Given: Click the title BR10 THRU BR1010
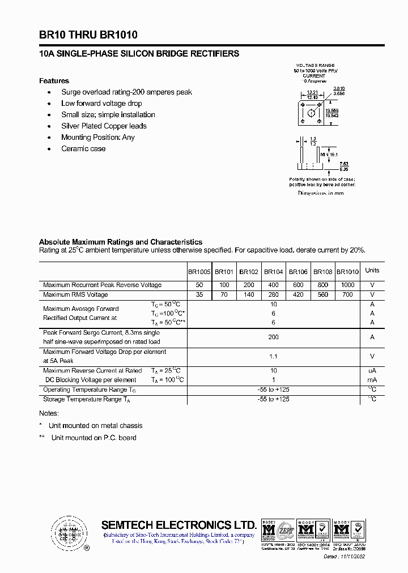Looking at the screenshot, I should click(x=88, y=35).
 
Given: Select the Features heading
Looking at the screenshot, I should click(x=54, y=80).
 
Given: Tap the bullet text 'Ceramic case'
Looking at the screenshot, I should click(x=83, y=148).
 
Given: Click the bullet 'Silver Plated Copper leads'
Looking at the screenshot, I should click(x=104, y=126).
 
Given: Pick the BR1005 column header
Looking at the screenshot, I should click(x=199, y=271).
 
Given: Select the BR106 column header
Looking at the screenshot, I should click(x=298, y=271).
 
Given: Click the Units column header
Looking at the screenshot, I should click(x=372, y=270).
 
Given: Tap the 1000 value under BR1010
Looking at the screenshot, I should click(x=347, y=285).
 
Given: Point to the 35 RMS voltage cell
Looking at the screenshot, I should click(x=199, y=294).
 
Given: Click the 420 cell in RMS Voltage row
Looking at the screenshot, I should click(x=298, y=294).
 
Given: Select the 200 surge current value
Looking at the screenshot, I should click(x=274, y=336).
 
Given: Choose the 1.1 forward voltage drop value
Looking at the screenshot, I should click(x=274, y=356).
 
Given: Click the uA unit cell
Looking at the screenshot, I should click(x=372, y=370).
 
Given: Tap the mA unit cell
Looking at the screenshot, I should click(x=372, y=379).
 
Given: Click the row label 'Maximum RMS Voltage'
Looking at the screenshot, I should click(x=75, y=294).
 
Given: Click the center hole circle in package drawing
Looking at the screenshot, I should click(x=311, y=113).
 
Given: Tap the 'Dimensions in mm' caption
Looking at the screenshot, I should click(x=321, y=193).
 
